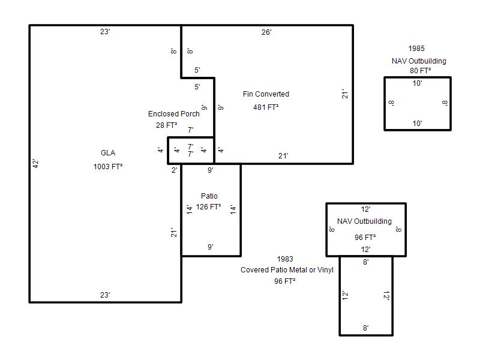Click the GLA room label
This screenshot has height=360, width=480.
click(x=108, y=153)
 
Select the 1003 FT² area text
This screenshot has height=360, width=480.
click(x=108, y=167)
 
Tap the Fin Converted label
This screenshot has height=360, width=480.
click(x=266, y=94)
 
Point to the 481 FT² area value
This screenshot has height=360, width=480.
click(x=266, y=107)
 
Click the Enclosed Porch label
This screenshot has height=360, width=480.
click(x=174, y=113)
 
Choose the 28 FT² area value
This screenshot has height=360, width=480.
click(x=167, y=125)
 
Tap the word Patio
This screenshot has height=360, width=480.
click(x=209, y=196)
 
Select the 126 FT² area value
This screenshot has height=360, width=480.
click(x=208, y=207)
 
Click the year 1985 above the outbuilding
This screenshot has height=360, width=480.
click(x=416, y=49)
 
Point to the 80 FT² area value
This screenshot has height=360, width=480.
click(x=421, y=71)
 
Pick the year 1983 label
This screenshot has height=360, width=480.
click(x=285, y=259)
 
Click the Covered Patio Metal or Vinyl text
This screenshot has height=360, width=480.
click(x=287, y=269)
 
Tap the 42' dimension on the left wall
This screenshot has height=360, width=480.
click(x=36, y=164)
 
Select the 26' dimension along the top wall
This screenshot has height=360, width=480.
click(x=266, y=32)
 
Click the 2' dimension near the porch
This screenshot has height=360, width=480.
click(x=174, y=170)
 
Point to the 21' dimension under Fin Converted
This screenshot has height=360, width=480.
click(x=283, y=156)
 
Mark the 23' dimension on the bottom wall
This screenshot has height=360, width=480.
click(x=106, y=295)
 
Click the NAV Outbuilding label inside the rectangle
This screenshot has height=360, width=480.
click(x=364, y=221)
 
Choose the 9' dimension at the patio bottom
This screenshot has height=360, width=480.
click(x=211, y=247)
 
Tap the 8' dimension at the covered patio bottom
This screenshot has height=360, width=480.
click(x=366, y=328)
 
